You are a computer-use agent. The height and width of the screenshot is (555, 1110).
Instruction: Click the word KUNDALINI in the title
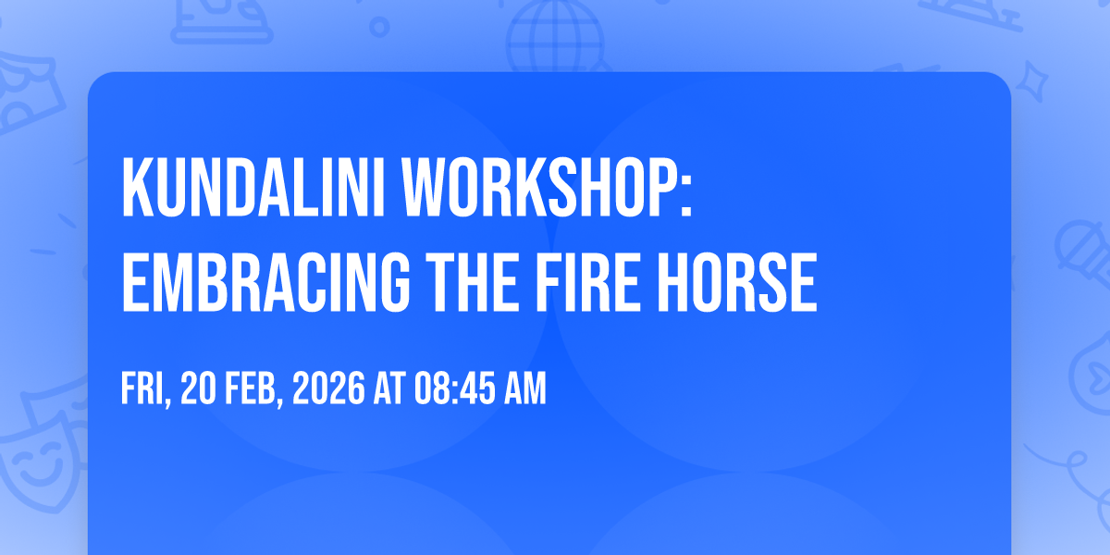point(253,187)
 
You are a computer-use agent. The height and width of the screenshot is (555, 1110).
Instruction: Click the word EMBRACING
point(265,282)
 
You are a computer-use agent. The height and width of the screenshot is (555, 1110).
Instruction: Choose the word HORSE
point(737,282)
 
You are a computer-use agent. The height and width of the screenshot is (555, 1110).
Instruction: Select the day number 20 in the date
point(198,388)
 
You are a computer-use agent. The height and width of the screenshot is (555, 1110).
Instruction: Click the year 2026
point(328,388)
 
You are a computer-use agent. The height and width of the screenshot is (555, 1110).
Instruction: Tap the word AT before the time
point(390,388)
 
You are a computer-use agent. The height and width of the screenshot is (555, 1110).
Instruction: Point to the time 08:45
point(455,388)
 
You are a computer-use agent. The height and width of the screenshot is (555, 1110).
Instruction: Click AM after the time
point(525,388)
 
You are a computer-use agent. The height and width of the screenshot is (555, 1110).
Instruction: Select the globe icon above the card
point(555,36)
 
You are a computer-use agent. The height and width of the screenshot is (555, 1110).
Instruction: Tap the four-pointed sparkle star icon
point(1031,81)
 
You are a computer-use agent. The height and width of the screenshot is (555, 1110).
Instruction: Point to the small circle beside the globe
point(379,27)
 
